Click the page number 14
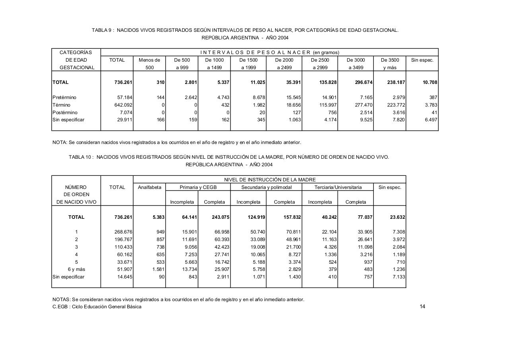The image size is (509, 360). tap(422, 306)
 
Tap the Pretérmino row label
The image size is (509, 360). tap(64, 97)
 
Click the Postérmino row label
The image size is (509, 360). tap(65, 113)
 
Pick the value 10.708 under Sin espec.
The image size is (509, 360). tap(429, 82)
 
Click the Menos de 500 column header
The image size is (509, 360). tap(150, 64)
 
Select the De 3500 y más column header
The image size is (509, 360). tap(390, 64)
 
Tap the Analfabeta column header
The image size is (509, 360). tap(150, 187)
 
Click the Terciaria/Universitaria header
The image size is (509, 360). tap(338, 187)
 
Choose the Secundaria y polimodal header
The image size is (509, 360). tap(266, 187)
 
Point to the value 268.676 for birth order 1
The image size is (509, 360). tap(123, 232)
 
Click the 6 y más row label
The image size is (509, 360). tap(76, 269)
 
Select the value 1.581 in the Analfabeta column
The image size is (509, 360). tap(157, 269)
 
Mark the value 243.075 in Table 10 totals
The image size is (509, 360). tap(220, 217)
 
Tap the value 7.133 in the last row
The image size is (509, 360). tap(398, 277)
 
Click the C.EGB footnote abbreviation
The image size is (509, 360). tap(60, 307)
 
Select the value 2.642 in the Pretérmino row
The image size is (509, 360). tap(190, 97)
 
